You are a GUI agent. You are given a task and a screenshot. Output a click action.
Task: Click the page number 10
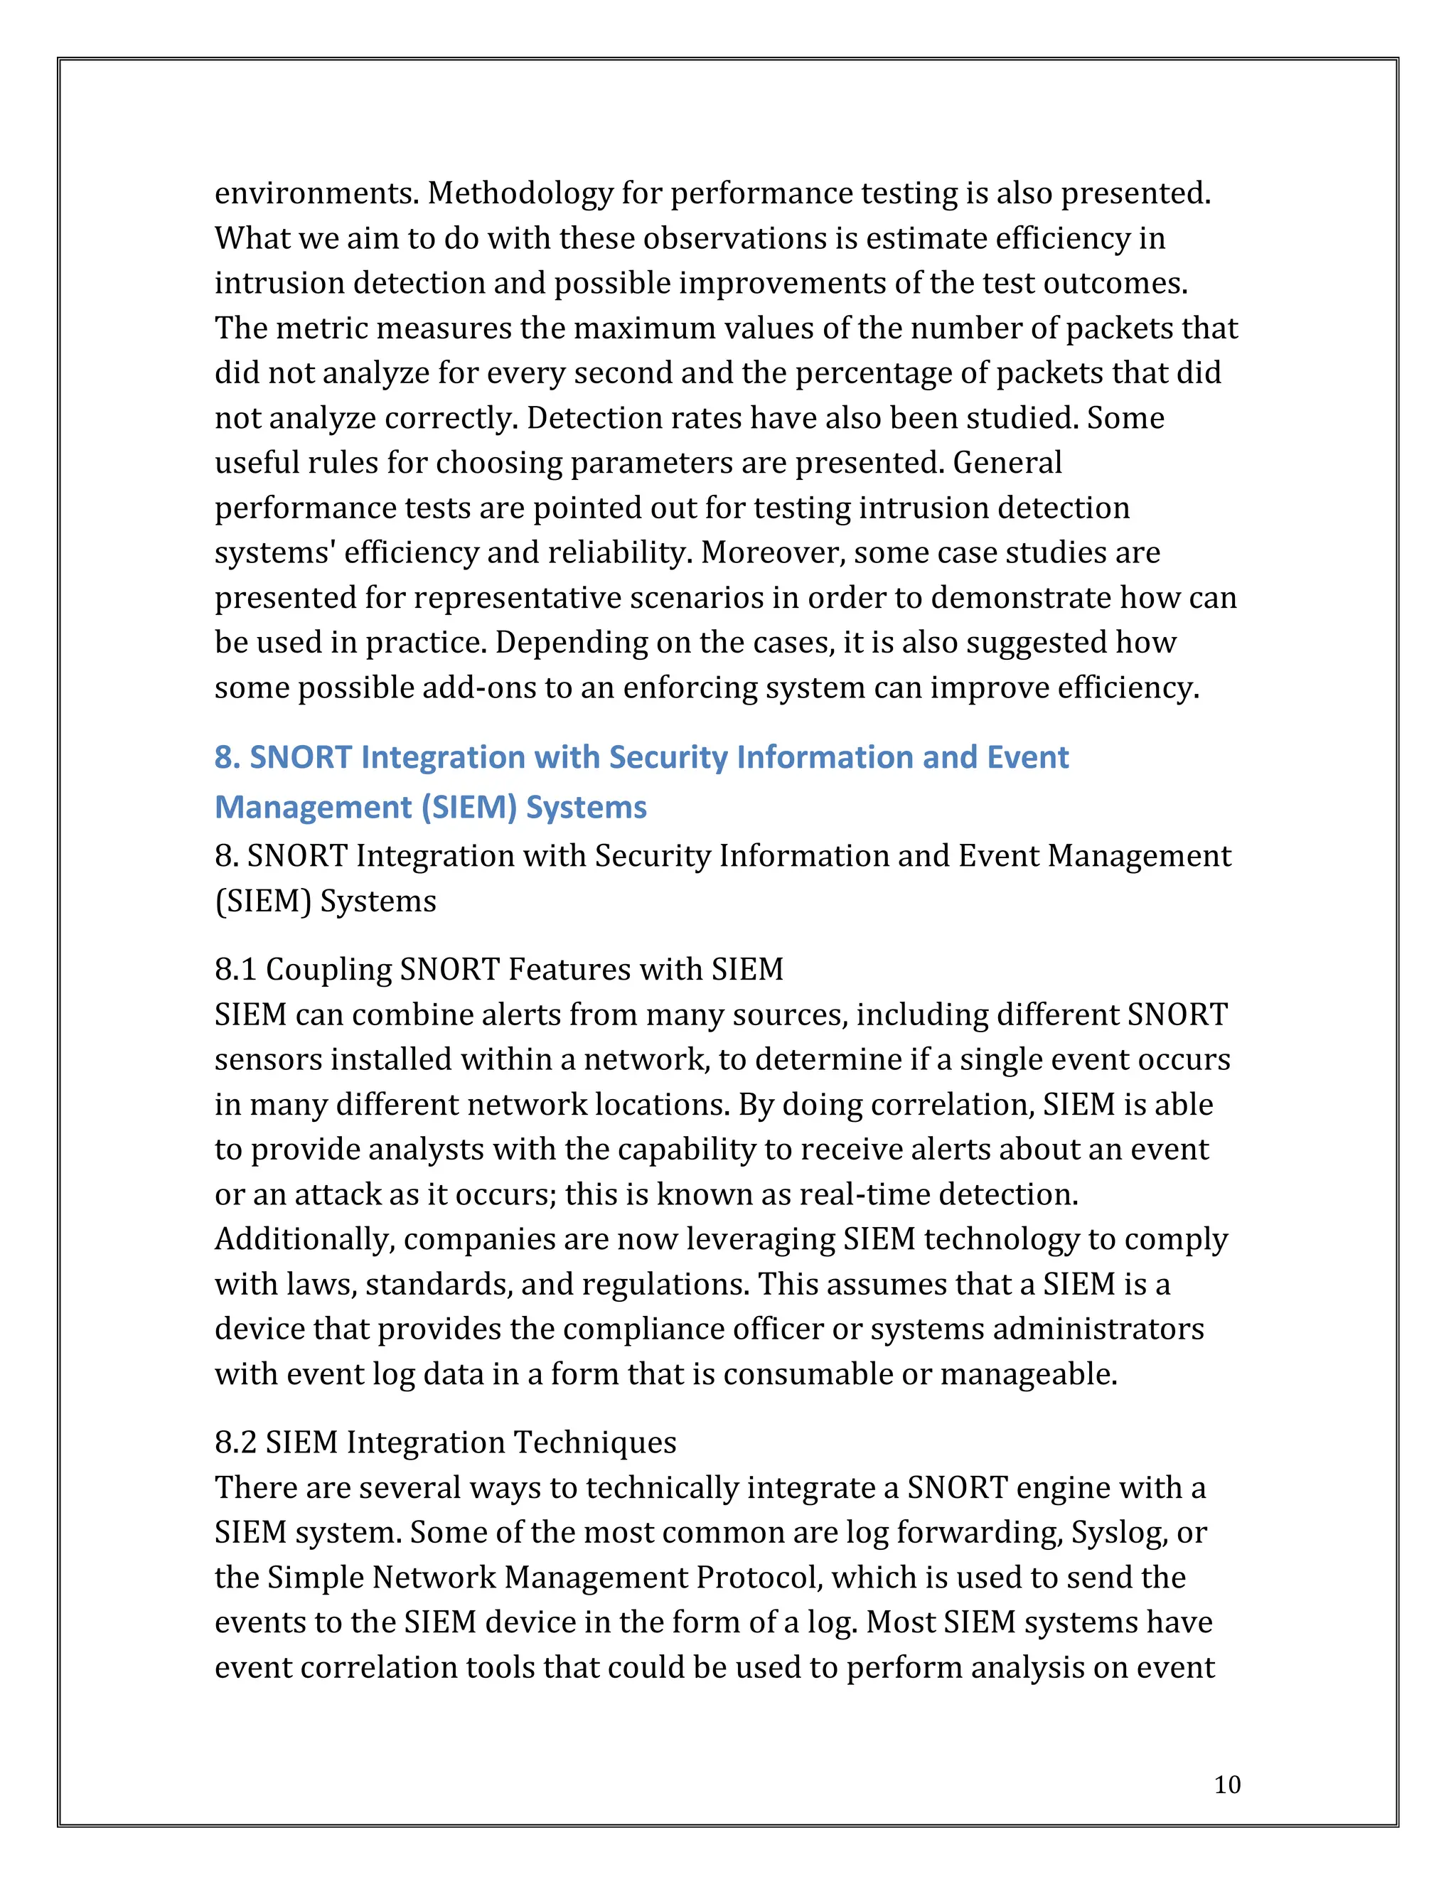click(1226, 1784)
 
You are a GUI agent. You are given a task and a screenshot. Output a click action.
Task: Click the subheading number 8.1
click(235, 970)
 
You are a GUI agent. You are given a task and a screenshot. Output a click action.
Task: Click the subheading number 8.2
click(235, 1443)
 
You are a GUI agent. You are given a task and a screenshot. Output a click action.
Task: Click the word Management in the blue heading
click(312, 807)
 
